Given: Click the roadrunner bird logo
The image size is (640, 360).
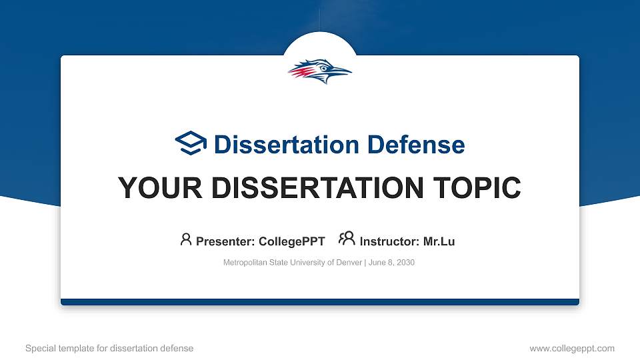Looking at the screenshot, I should click(x=319, y=71).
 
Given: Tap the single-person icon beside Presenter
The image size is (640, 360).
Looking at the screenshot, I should click(x=186, y=239).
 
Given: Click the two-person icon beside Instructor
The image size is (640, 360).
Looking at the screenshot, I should click(x=347, y=239).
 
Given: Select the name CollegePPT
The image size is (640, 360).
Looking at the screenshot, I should click(x=293, y=241).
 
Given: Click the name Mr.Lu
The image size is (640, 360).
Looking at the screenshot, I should click(x=439, y=241).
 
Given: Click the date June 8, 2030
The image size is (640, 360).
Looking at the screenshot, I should click(x=391, y=263).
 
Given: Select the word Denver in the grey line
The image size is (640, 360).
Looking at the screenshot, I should click(x=349, y=263).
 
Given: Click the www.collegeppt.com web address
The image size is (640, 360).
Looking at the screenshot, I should click(x=571, y=348).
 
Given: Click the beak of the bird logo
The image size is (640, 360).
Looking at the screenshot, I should click(x=341, y=71).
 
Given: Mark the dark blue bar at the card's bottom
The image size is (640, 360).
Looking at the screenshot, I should click(x=320, y=302).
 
